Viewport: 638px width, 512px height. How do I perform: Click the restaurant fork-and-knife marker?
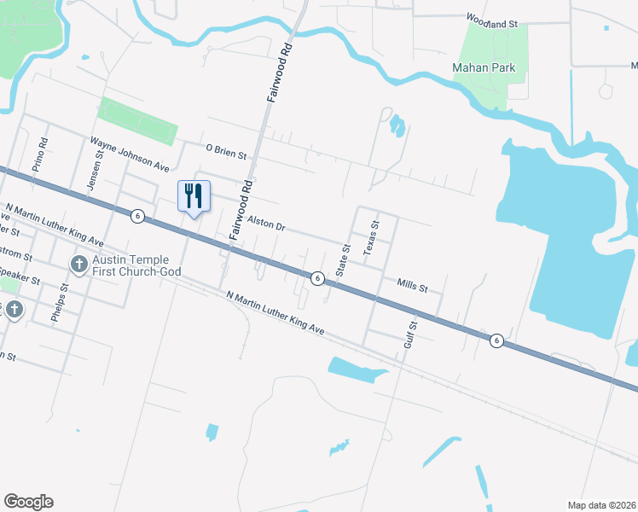point(194,196)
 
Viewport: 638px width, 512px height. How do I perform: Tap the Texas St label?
point(374,236)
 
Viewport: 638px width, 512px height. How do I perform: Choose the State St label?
point(345,261)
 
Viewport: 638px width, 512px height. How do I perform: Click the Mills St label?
point(411,284)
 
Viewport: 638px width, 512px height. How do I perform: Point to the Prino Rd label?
point(39,154)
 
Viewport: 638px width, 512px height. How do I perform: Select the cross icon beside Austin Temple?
point(79,265)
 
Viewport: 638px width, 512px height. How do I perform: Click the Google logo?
point(28,502)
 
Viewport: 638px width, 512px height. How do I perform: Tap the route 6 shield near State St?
point(316,278)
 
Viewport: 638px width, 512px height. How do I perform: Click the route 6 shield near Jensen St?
point(136,216)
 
